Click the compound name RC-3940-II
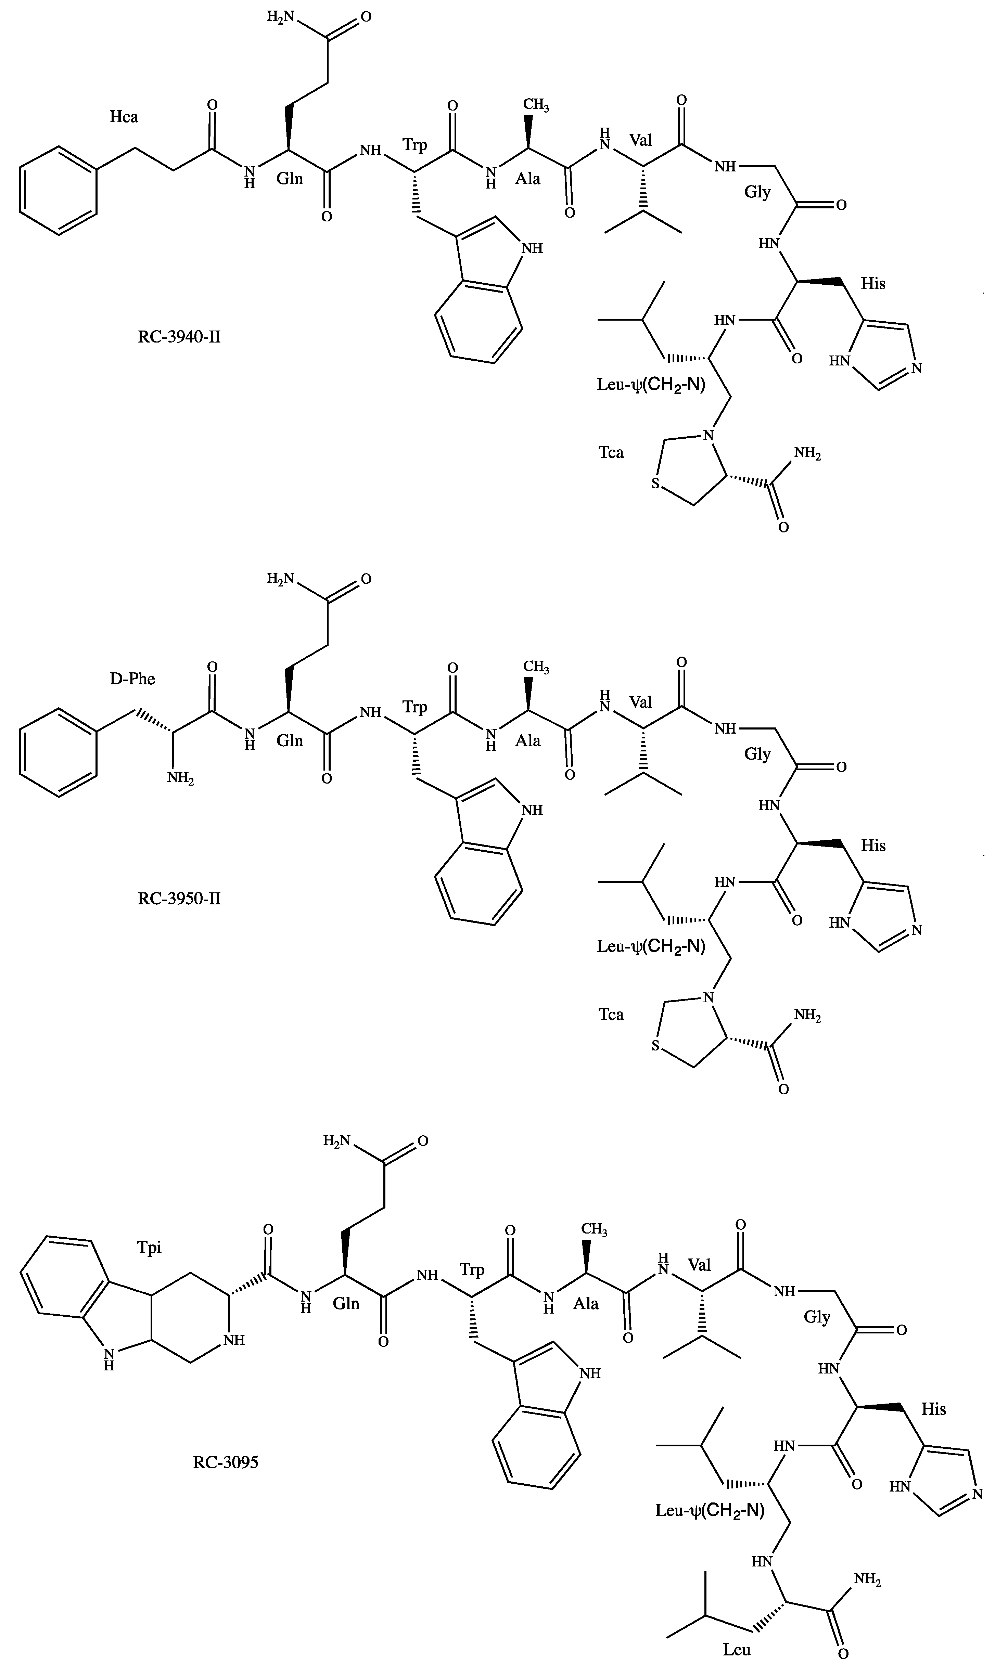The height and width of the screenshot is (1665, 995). point(179,336)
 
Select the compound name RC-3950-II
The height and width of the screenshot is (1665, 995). point(179,898)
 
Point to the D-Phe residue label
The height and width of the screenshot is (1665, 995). point(132,679)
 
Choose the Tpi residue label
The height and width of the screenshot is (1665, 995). point(149,1248)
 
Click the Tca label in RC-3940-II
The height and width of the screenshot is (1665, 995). point(611,452)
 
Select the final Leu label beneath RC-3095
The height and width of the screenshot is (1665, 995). point(736,1650)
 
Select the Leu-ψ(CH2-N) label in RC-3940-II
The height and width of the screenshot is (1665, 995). point(650,385)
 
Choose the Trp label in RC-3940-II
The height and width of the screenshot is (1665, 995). point(414,144)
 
